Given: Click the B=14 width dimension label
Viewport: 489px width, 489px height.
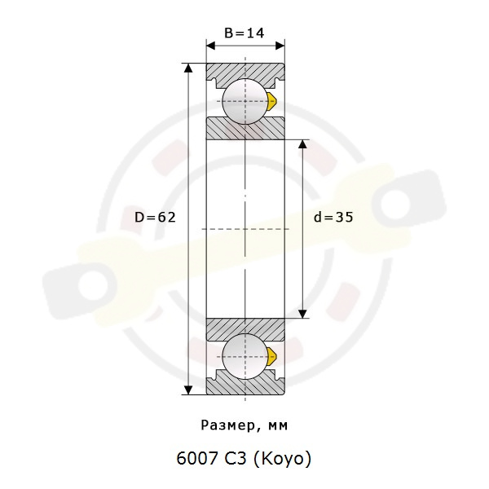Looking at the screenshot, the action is [x=244, y=33].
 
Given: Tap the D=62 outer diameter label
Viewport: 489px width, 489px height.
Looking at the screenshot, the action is [x=156, y=217].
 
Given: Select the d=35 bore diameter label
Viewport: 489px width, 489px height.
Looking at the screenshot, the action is [x=333, y=217].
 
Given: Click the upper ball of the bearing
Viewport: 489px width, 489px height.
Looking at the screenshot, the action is [x=245, y=101].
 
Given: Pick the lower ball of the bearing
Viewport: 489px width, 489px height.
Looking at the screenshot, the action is [x=245, y=357].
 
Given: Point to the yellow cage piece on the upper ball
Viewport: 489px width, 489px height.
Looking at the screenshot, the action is [x=272, y=101].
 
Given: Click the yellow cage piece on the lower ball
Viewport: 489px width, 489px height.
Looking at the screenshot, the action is [x=272, y=357].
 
